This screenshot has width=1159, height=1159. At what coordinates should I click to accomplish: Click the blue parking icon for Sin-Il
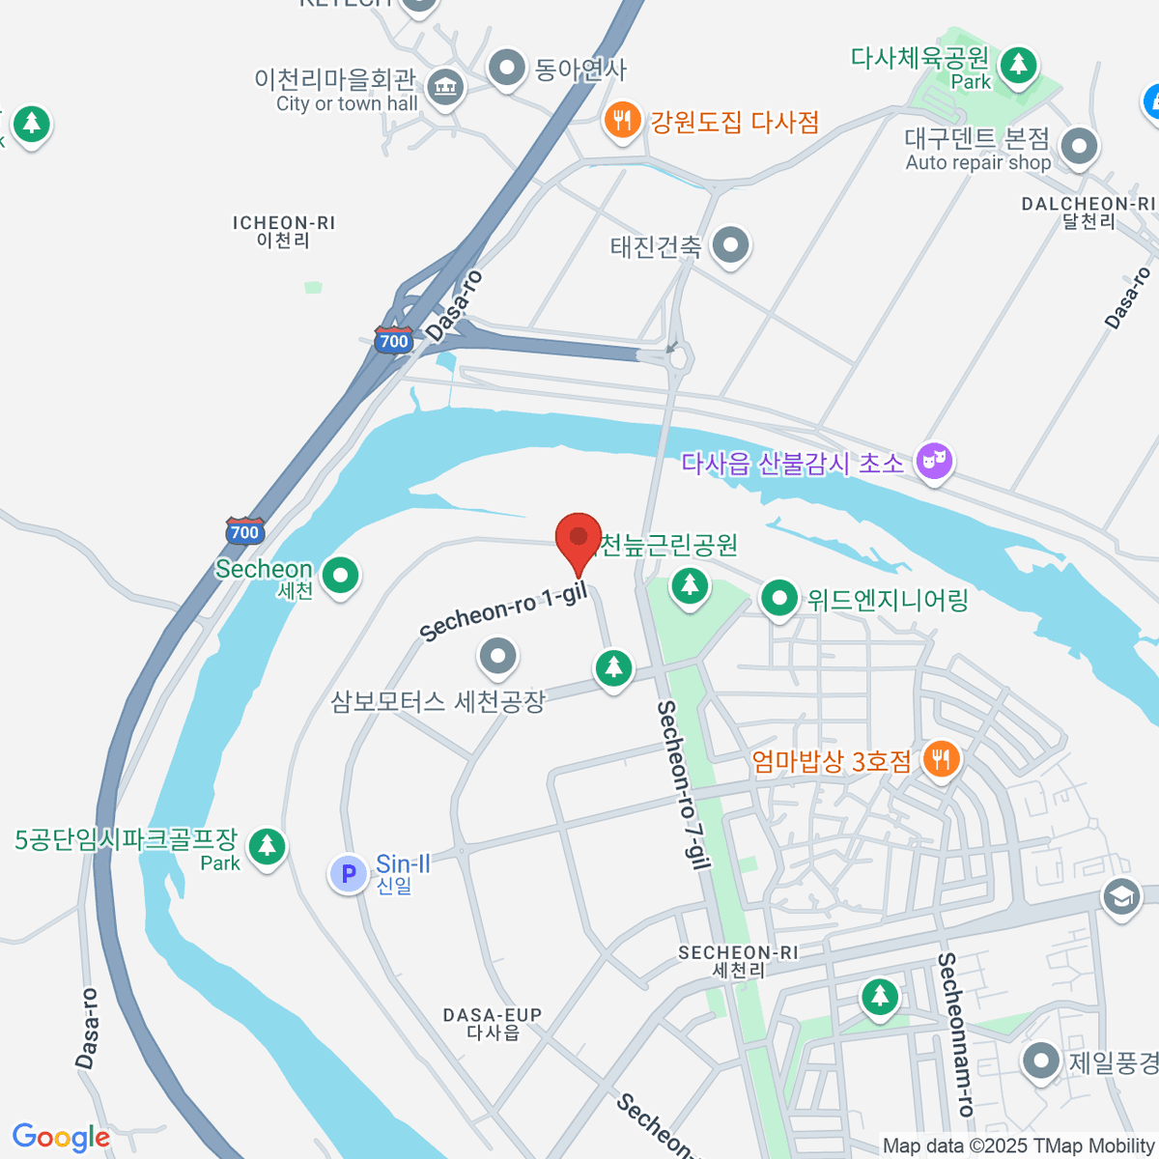click(348, 873)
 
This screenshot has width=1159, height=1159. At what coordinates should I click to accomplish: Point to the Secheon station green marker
click(339, 576)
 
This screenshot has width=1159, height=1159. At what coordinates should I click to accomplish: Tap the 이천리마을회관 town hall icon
click(444, 88)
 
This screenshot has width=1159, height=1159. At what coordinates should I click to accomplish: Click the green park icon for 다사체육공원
click(1018, 66)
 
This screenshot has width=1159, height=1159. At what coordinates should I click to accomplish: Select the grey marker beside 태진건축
click(730, 244)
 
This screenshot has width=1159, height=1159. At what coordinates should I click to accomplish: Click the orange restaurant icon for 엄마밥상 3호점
click(941, 759)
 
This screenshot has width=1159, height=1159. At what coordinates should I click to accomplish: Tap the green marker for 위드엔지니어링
click(778, 599)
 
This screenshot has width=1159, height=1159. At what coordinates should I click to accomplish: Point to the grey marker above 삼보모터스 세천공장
click(498, 657)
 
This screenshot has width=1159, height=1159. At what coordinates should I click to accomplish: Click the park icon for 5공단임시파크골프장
click(267, 846)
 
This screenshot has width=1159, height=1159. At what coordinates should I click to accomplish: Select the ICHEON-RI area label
click(284, 231)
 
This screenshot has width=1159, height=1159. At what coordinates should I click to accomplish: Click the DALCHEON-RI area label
click(1088, 212)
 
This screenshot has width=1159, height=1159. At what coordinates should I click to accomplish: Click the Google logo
click(61, 1137)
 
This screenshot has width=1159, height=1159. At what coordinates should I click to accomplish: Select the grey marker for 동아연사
click(507, 69)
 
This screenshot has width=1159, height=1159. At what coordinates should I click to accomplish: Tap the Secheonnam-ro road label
click(954, 1033)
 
